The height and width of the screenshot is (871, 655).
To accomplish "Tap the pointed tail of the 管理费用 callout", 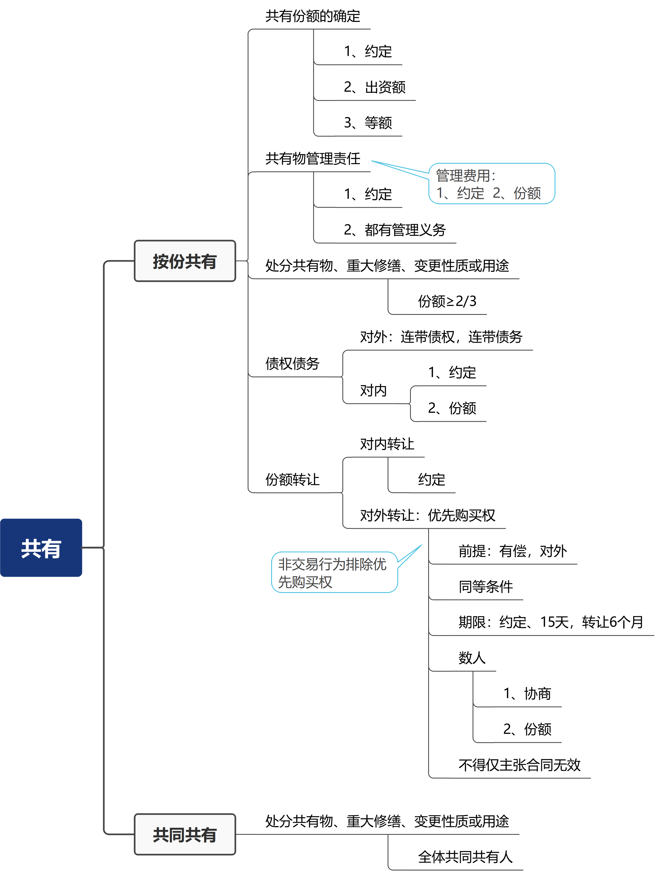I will pos(374,162).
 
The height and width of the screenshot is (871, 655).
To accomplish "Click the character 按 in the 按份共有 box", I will pos(161,262).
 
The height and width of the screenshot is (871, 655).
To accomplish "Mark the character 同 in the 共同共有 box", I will pos(176,835).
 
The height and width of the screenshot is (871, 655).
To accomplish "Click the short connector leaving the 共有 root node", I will pos(93,547).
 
